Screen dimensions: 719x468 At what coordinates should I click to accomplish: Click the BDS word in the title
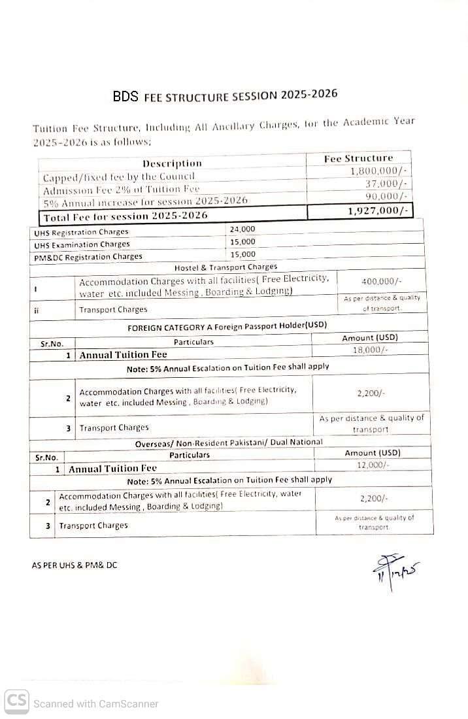pos(125,97)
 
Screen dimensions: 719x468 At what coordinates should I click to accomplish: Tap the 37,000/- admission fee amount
pos(386,184)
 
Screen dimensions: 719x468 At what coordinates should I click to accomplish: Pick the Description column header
pos(172,163)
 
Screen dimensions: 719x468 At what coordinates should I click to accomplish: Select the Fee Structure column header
pos(358,158)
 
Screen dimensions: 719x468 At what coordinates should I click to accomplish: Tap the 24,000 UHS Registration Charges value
pos(242,229)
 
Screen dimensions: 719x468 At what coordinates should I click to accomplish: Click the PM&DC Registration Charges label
pos(88,257)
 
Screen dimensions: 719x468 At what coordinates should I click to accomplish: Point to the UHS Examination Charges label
pos(82,244)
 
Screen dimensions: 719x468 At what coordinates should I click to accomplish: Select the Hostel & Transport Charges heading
pos(226,267)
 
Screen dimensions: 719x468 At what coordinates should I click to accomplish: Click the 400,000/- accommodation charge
pos(381,281)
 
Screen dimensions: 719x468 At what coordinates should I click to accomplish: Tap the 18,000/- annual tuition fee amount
pos(371,350)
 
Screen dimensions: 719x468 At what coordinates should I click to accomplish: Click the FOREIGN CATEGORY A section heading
pos(227,326)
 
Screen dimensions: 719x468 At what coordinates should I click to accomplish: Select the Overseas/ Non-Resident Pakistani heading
pos(229,443)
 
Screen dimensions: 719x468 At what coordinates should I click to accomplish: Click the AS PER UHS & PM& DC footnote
pos(75,565)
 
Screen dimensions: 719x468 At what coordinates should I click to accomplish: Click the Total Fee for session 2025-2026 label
pos(125,216)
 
